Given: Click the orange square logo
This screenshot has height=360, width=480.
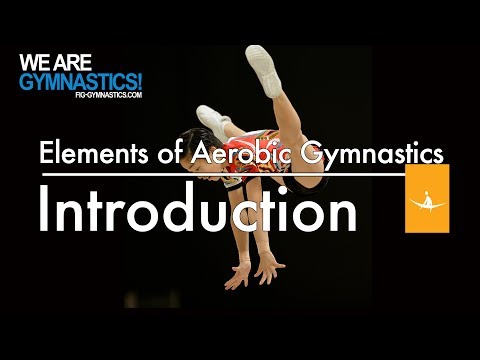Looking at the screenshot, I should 427,198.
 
